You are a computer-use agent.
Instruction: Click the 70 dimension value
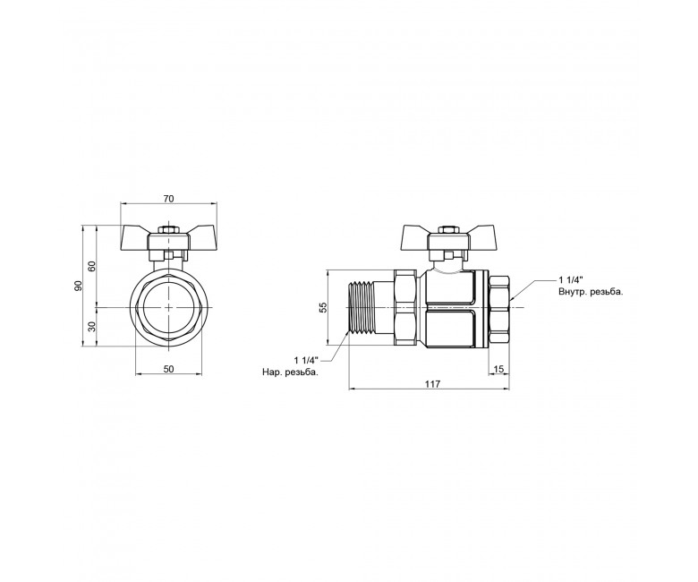pyautogui.click(x=168, y=199)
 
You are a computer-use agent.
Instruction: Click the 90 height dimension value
pyautogui.click(x=79, y=286)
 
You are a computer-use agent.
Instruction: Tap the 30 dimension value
pyautogui.click(x=91, y=327)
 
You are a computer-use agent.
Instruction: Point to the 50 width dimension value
pyautogui.click(x=169, y=369)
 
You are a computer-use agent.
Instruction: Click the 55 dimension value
pyautogui.click(x=324, y=307)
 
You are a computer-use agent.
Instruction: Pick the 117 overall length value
pyautogui.click(x=433, y=383)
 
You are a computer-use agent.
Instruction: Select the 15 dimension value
pyautogui.click(x=498, y=369)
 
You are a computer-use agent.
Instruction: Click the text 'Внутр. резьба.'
pyautogui.click(x=591, y=292)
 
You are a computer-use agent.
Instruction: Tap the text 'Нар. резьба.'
pyautogui.click(x=290, y=372)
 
